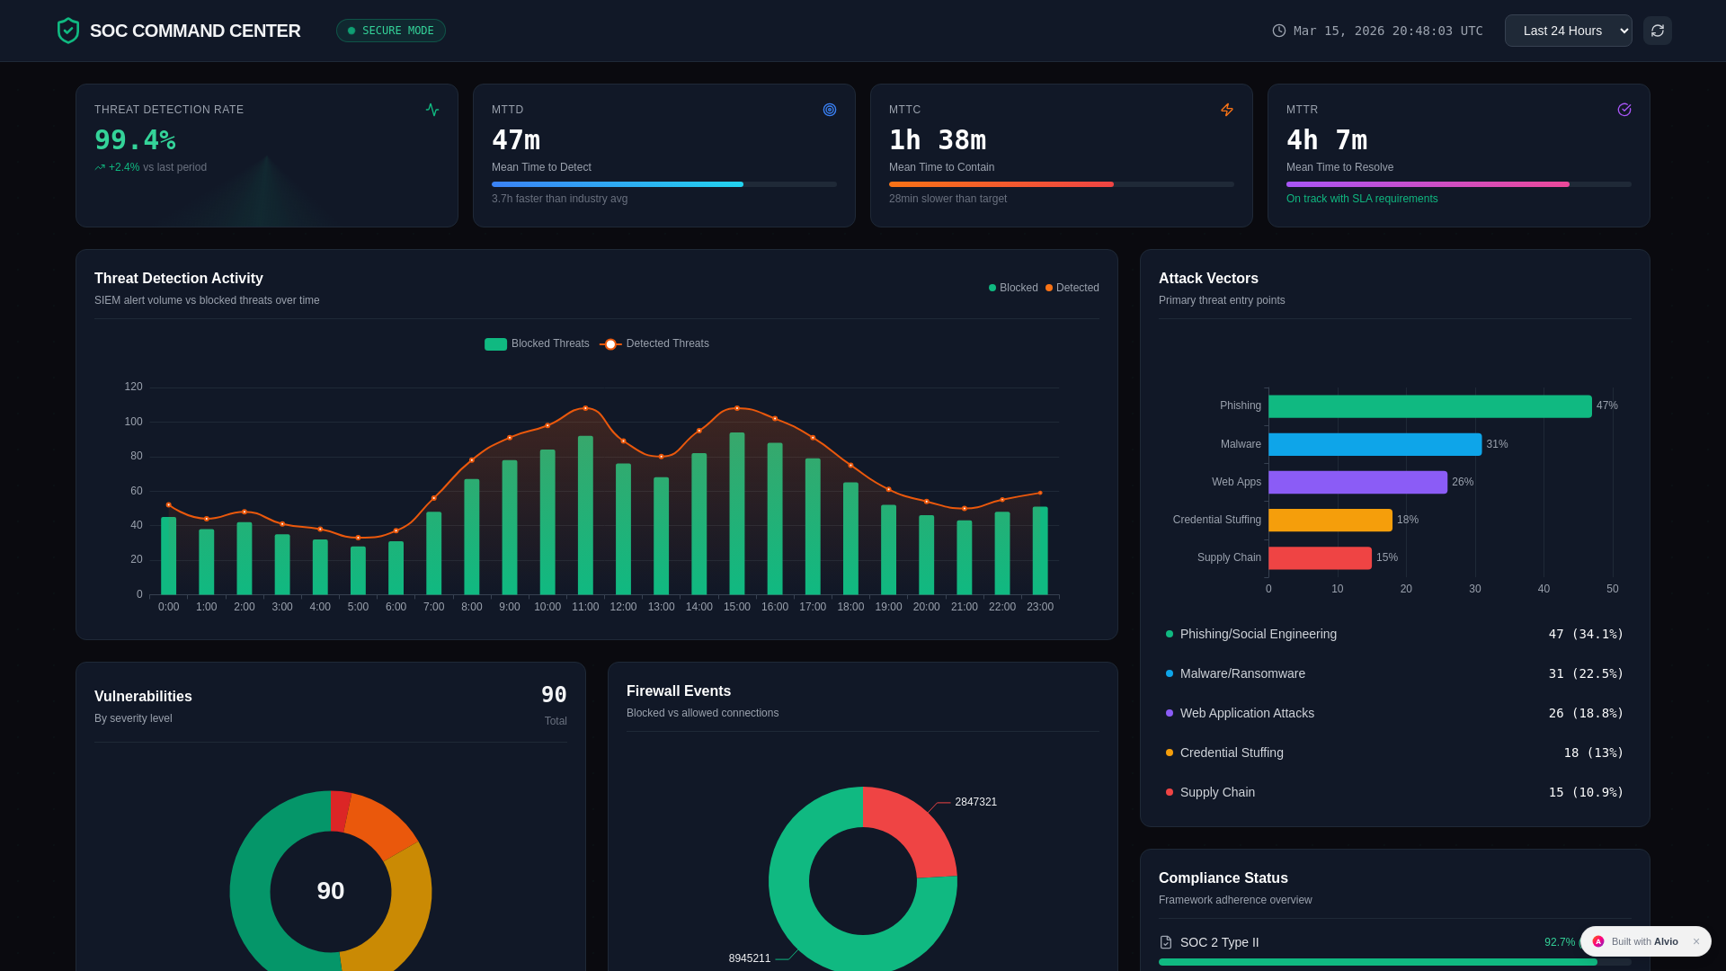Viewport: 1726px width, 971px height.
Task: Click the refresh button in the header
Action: tap(1657, 31)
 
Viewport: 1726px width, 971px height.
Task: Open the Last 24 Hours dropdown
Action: tap(1568, 31)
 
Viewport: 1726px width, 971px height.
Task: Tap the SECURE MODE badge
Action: tap(391, 31)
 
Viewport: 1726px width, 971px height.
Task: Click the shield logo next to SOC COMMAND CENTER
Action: tap(68, 31)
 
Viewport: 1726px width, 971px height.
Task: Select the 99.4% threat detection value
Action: tap(135, 140)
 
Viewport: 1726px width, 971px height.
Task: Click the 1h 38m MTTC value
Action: tap(937, 140)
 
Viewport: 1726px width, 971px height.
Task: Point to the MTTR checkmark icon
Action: tap(1624, 110)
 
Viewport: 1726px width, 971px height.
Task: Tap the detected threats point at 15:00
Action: tap(737, 408)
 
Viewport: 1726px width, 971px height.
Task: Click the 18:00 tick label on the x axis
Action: tap(850, 607)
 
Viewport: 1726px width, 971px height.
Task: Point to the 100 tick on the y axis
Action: tap(133, 422)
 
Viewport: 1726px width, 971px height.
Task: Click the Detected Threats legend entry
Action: tap(655, 343)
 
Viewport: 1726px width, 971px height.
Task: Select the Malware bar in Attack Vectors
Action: tap(1375, 444)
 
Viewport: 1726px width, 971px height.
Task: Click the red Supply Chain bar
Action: tap(1320, 557)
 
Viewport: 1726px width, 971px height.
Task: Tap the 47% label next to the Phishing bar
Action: tap(1606, 405)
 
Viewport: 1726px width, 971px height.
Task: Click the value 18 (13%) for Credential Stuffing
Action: tap(1593, 753)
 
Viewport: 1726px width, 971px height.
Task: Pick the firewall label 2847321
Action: tap(975, 802)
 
